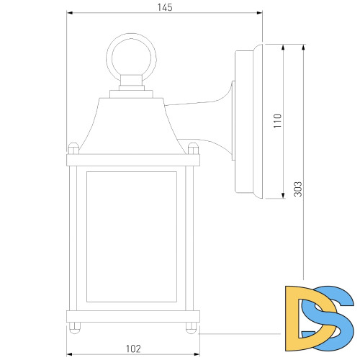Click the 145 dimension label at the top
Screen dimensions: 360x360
(164, 7)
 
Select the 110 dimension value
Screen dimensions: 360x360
(277, 120)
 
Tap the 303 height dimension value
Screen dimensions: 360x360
(297, 189)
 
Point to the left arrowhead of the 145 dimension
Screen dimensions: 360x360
(69, 14)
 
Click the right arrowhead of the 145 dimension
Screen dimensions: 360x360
(258, 14)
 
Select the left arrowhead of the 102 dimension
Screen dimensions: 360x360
(70, 354)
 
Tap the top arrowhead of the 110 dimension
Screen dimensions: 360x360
(283, 45)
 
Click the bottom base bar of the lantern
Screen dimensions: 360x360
(132, 316)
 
